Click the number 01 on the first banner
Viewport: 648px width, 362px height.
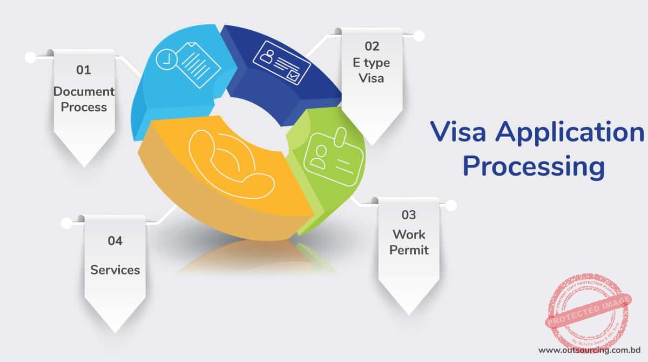(84, 70)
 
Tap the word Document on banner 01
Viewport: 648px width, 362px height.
(84, 91)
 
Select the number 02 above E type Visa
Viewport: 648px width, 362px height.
(372, 46)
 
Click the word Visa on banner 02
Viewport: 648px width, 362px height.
(372, 78)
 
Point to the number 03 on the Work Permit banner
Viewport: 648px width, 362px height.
(409, 215)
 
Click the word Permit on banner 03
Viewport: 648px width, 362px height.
(409, 250)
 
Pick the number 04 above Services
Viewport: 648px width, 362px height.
(115, 241)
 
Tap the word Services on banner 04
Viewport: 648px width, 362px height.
(115, 270)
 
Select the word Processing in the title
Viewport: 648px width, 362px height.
(534, 166)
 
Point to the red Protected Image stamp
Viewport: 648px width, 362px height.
(589, 314)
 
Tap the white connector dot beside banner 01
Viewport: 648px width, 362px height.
(31, 57)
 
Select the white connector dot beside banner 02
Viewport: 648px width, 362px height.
(418, 36)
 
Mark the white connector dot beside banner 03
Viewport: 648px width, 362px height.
(451, 205)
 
